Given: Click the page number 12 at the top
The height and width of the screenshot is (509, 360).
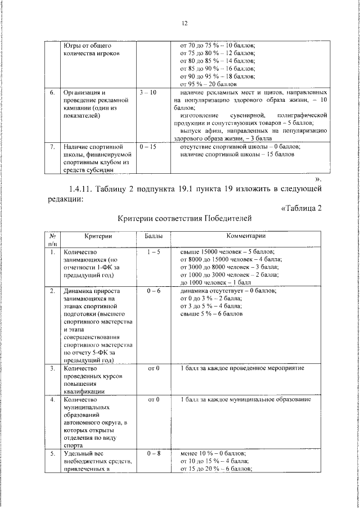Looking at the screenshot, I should coord(184,23).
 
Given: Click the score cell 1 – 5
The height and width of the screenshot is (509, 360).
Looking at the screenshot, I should coord(154,253).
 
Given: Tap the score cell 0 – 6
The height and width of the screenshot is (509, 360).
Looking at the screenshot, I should coord(154,291).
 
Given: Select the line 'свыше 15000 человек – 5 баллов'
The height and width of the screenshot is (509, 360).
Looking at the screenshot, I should coord(227,253).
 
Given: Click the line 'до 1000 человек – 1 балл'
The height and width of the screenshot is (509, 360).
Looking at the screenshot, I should coord(215,282).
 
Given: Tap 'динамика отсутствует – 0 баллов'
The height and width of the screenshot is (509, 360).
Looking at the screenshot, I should coord(228,291).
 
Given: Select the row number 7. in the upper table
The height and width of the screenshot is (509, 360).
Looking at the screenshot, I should coord(52,146).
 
